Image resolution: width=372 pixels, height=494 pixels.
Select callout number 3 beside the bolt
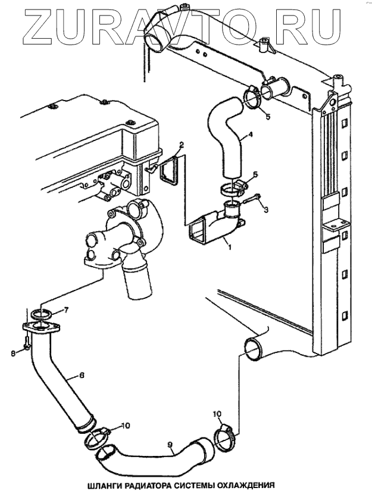tap(266, 210)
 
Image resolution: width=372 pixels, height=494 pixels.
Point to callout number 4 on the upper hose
tap(251, 135)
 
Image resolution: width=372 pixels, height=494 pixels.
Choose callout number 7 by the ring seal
tap(66, 309)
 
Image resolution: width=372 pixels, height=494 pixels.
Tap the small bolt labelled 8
tap(27, 344)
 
